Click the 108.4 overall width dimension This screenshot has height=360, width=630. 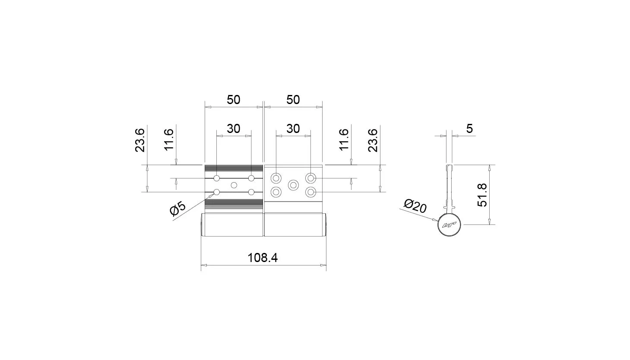pos(263,258)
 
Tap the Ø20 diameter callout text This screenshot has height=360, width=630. pos(415,206)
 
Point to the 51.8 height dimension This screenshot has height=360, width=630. pos(482,195)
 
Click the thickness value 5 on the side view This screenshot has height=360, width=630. pos(469,129)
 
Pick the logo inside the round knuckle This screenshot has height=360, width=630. pos(449,225)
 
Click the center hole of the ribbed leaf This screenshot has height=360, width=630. pos(234,185)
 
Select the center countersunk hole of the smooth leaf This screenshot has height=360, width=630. pos(293,185)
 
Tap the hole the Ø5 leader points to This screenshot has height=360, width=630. pos(217,192)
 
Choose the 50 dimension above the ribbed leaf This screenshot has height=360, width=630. pos(234,100)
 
